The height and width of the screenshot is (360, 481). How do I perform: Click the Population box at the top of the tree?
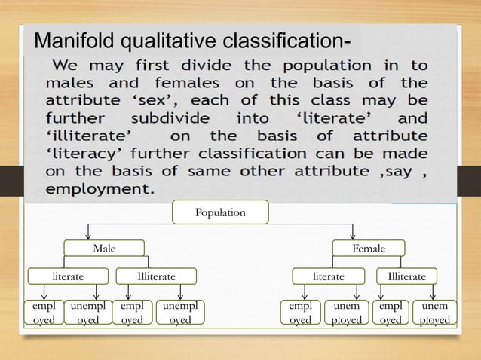point(220,212)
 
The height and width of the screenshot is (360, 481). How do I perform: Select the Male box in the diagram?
point(104,248)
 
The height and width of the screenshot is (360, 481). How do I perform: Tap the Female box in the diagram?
point(369,248)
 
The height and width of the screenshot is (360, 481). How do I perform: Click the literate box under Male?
point(67,276)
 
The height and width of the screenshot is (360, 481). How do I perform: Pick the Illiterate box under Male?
point(156,276)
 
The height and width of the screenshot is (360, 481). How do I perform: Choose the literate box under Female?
point(329,276)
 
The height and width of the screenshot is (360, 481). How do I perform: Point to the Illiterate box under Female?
point(406,276)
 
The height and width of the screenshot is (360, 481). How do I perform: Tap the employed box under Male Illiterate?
point(132,313)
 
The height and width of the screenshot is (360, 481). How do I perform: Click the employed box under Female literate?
point(300,313)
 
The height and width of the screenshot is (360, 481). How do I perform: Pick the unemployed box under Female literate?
point(347,313)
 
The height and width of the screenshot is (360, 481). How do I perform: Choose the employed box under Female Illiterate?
point(391,313)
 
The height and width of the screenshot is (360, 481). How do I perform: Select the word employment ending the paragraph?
point(100,189)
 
